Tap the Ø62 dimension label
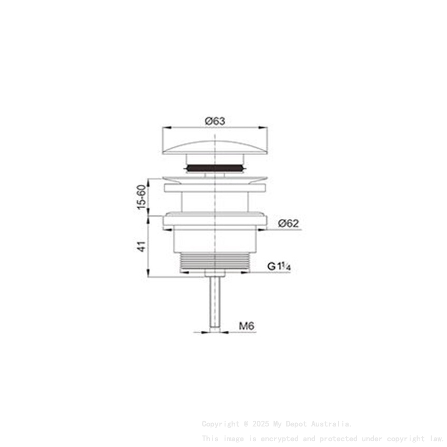[289, 223]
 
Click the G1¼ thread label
[279, 266]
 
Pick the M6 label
[247, 327]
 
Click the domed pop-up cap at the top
[216, 144]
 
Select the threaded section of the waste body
[216, 262]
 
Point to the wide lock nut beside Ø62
[216, 218]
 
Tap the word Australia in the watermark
[332, 424]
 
